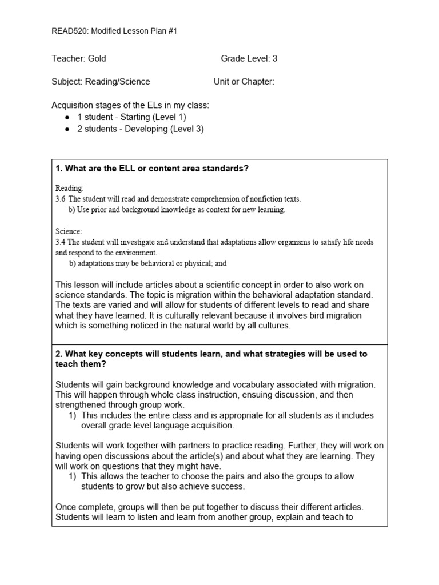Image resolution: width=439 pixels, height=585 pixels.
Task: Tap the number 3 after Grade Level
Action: (x=275, y=58)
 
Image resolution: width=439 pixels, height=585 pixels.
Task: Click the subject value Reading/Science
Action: (x=117, y=82)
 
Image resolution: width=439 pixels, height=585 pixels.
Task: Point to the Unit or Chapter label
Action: (x=244, y=82)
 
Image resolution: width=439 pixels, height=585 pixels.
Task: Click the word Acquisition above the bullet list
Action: (x=73, y=105)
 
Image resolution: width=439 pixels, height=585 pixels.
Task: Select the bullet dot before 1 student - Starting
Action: (x=68, y=117)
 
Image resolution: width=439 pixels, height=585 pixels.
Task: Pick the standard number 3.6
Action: (x=61, y=199)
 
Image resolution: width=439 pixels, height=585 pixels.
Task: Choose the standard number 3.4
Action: (x=61, y=242)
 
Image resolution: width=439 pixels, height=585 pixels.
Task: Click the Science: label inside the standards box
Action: (x=69, y=231)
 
